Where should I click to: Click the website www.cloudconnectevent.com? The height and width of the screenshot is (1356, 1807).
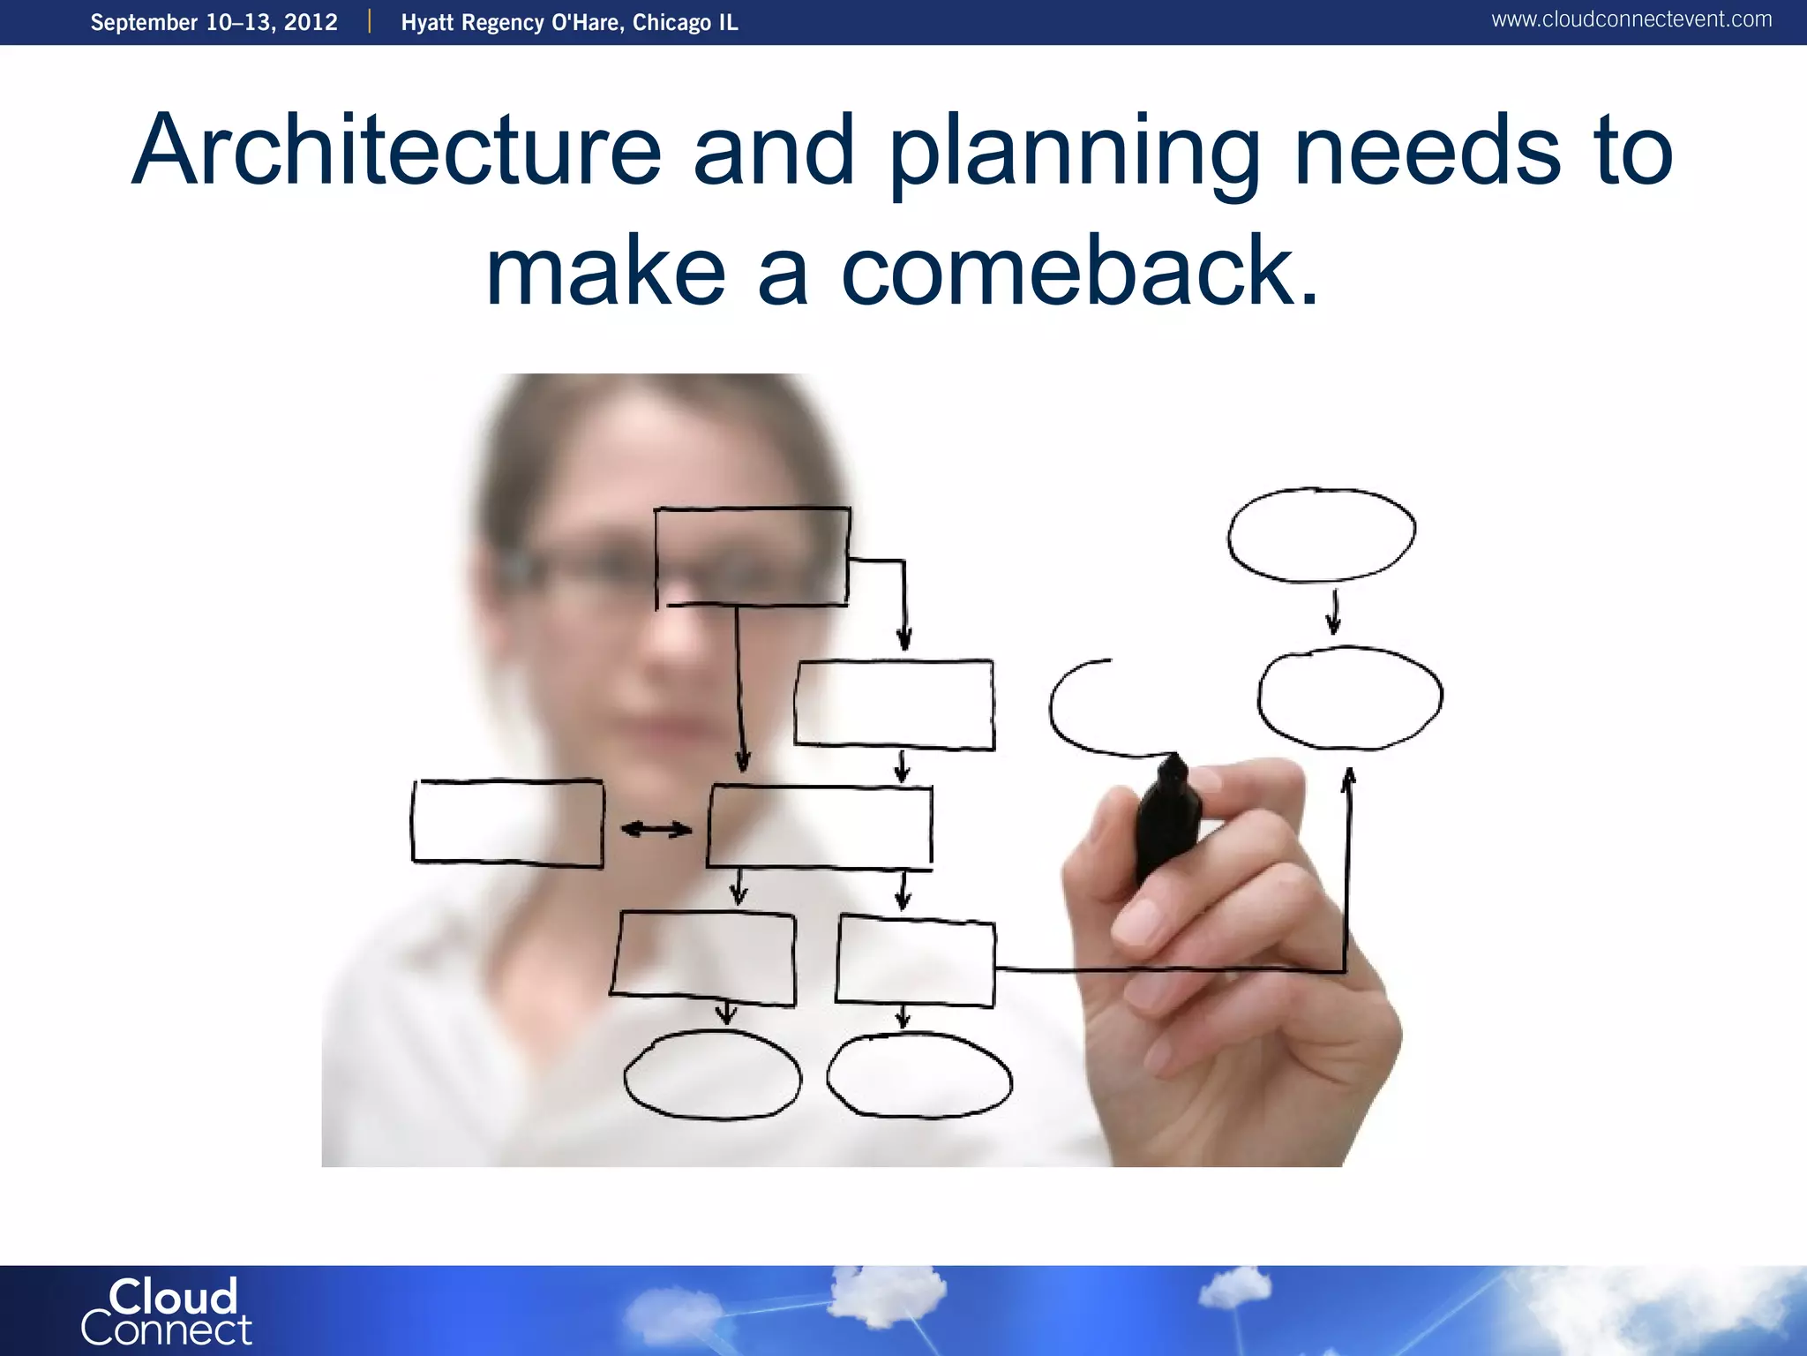pos(1631,19)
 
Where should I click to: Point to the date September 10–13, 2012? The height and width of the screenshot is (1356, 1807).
pos(214,22)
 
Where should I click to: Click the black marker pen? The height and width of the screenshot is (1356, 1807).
pos(1166,817)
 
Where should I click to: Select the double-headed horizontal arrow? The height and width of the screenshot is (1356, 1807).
pos(656,829)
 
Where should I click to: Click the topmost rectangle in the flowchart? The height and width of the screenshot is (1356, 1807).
pos(752,556)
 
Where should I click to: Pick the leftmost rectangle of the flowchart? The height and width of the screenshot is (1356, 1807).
pos(507,822)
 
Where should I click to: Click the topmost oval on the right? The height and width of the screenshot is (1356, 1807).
pos(1321,535)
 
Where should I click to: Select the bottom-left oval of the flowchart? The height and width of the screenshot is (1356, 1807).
pos(712,1075)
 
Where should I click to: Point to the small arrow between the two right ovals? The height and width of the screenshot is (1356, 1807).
pos(1334,613)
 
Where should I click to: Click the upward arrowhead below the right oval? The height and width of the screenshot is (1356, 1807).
pos(1348,779)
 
